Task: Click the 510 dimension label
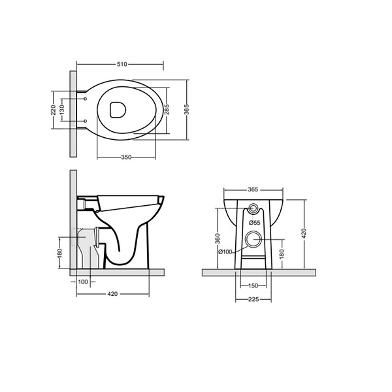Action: click(x=122, y=64)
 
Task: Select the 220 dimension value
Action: click(x=54, y=110)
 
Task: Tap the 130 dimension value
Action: click(x=62, y=109)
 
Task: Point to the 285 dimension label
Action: click(x=167, y=109)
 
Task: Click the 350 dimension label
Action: click(x=126, y=157)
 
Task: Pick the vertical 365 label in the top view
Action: click(x=186, y=110)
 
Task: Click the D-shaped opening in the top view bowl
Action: click(x=118, y=110)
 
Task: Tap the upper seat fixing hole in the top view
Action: click(x=86, y=99)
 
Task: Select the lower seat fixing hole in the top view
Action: click(x=86, y=122)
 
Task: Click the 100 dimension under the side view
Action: click(x=83, y=282)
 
